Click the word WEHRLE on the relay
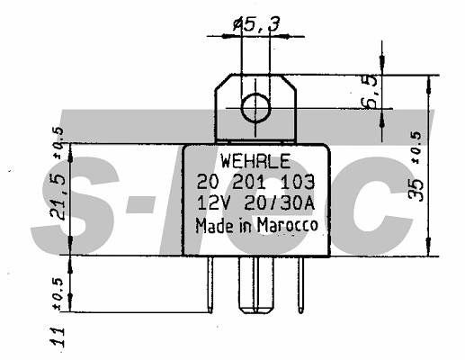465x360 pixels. click(x=255, y=164)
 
